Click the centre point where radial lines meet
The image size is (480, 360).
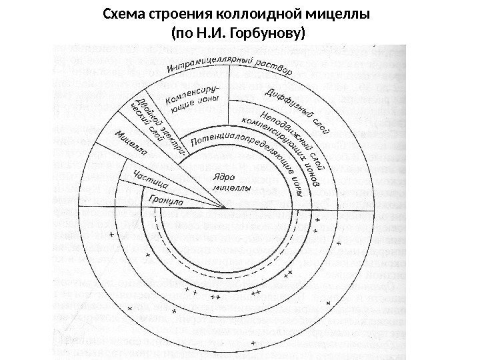click(228, 208)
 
